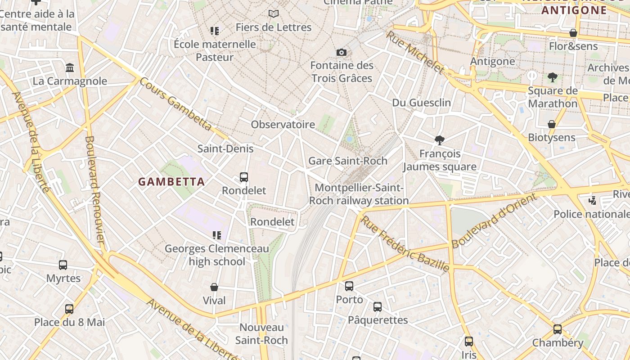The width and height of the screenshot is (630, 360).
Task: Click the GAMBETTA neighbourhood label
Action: click(x=171, y=182)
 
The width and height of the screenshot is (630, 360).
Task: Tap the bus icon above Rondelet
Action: click(x=244, y=177)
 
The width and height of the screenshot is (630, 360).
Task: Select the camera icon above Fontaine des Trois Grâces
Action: click(x=342, y=53)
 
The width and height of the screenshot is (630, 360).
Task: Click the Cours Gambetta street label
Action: click(x=175, y=104)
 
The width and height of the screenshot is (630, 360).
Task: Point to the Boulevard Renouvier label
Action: click(x=95, y=189)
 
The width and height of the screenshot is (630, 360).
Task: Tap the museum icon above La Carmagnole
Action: click(x=70, y=68)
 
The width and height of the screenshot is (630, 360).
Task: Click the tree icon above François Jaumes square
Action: click(x=439, y=140)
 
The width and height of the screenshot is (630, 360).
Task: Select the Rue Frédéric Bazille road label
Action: click(x=405, y=244)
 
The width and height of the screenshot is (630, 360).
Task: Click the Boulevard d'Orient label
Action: click(x=495, y=221)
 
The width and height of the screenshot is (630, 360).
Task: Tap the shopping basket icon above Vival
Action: click(x=214, y=287)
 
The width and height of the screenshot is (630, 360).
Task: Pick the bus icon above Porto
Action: click(x=349, y=286)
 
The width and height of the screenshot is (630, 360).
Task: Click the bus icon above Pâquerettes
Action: click(x=378, y=307)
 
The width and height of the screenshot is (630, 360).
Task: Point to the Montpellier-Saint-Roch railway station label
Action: click(x=359, y=194)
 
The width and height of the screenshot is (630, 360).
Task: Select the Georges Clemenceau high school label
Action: click(x=217, y=255)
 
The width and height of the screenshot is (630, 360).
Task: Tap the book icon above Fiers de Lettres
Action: click(x=273, y=14)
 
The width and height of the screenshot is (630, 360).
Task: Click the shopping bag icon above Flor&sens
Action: click(x=573, y=33)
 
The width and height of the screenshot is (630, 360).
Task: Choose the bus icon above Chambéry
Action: click(x=558, y=329)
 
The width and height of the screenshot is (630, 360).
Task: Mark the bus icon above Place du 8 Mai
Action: click(x=69, y=309)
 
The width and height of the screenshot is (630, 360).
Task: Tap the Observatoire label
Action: click(x=283, y=125)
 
